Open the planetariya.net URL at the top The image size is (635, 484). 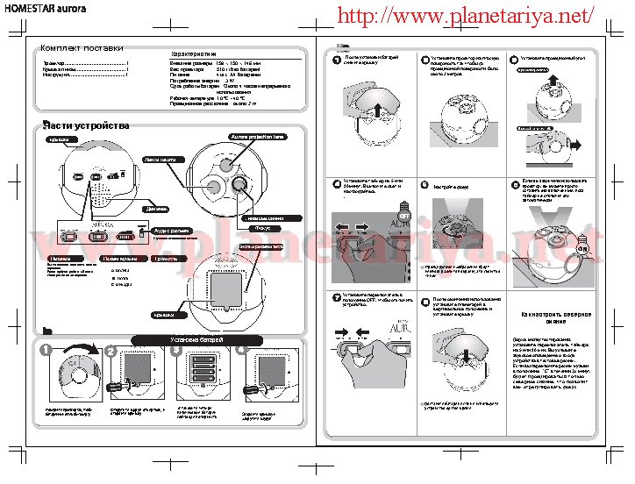pos(465,15)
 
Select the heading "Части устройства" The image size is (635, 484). pos(86,125)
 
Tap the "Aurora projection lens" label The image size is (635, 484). pos(258,138)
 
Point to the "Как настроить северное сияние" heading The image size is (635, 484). pos(555,317)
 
